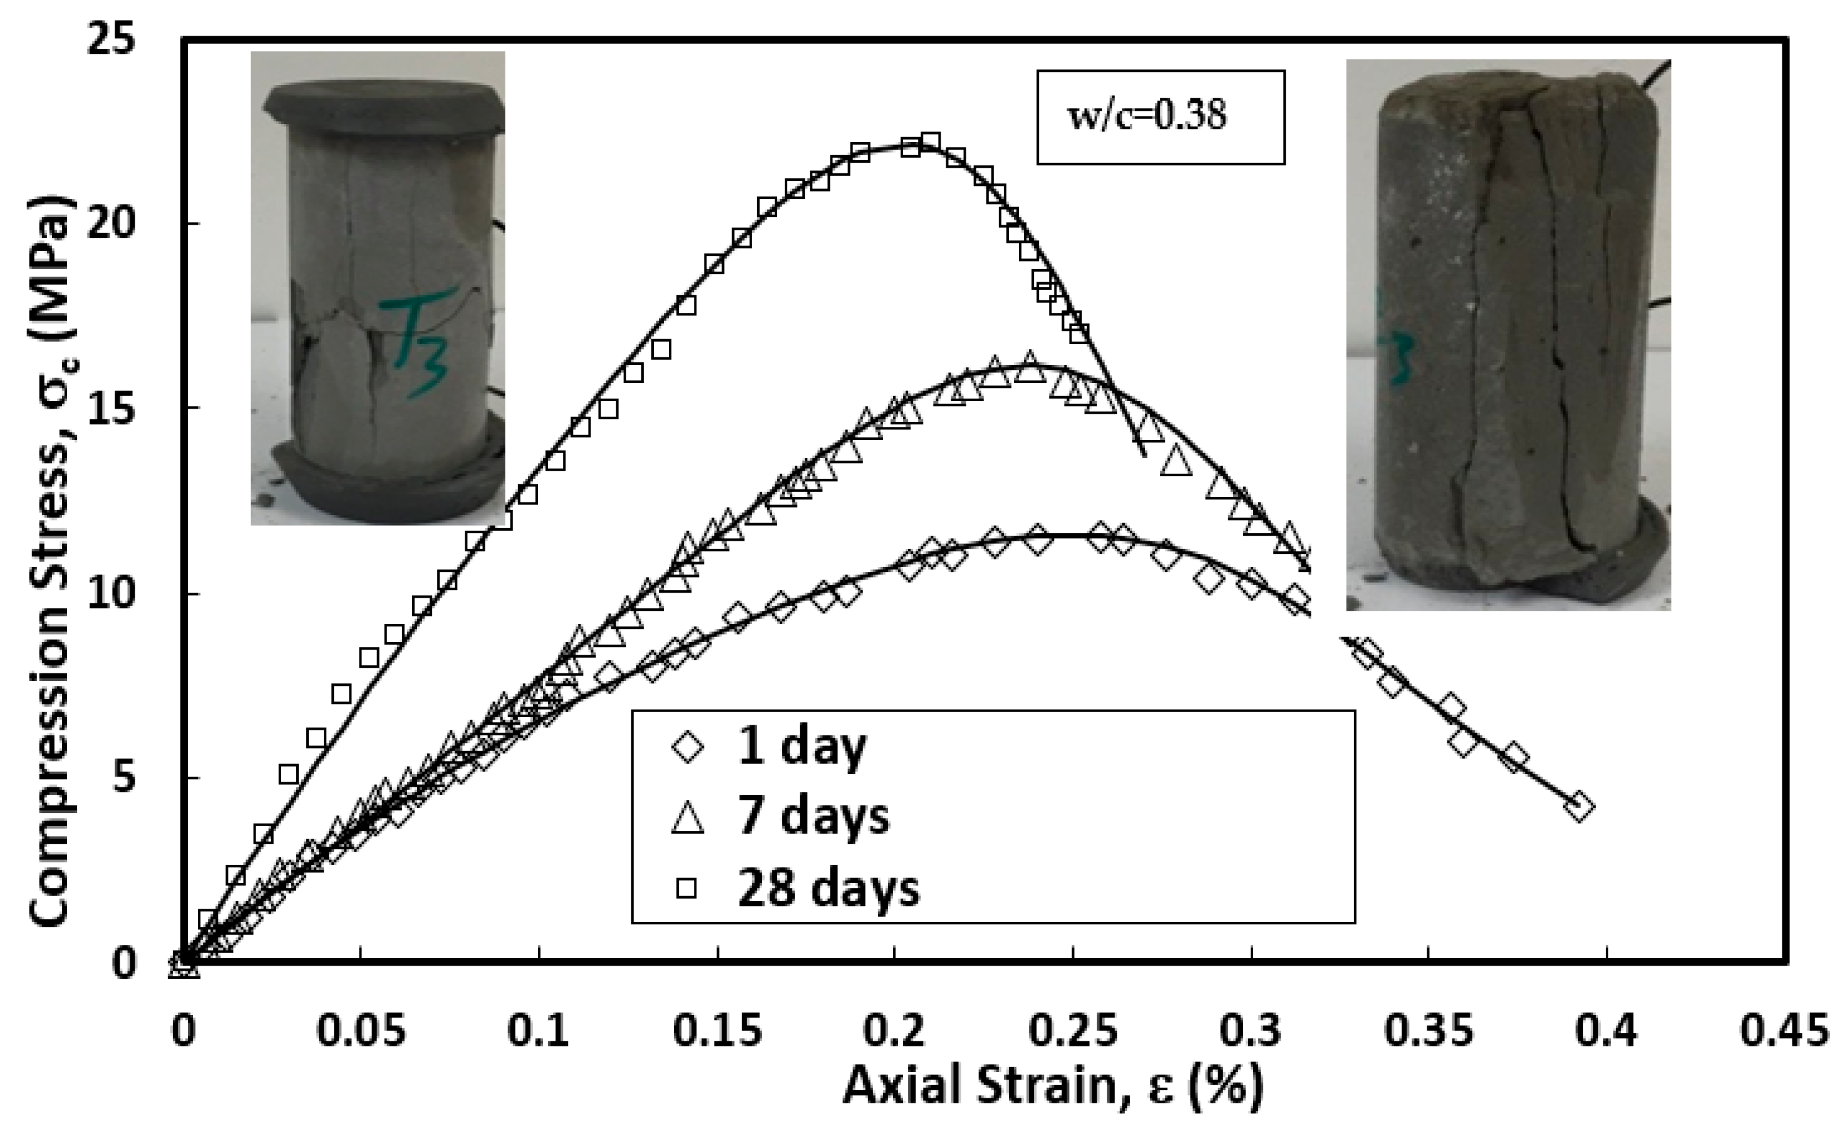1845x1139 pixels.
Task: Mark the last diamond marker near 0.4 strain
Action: pyautogui.click(x=1578, y=807)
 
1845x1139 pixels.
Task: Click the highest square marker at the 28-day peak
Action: pyautogui.click(x=930, y=141)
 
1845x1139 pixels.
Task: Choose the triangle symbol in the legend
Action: pyautogui.click(x=688, y=818)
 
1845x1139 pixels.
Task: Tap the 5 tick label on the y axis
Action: pyautogui.click(x=125, y=777)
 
